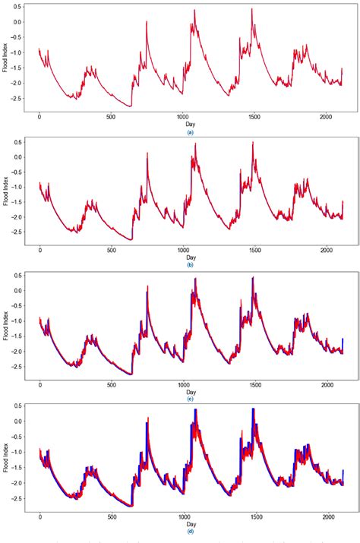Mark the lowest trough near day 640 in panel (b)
(x=131, y=239)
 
